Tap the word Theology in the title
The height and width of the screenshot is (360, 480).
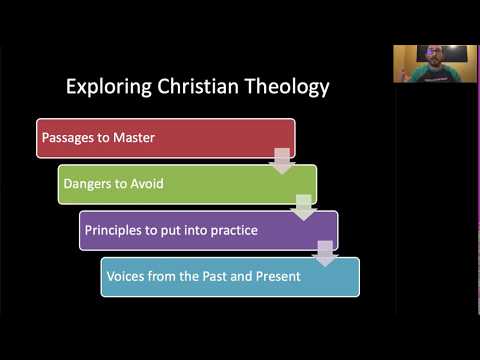[287, 87]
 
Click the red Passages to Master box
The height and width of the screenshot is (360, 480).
[165, 138]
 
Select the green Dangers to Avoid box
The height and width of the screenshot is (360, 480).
[187, 184]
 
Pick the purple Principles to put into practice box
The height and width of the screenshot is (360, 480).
[208, 230]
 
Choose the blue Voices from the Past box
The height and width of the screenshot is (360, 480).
[230, 276]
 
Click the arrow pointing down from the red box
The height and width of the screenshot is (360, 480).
[283, 160]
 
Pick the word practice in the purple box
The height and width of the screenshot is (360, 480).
[232, 230]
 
